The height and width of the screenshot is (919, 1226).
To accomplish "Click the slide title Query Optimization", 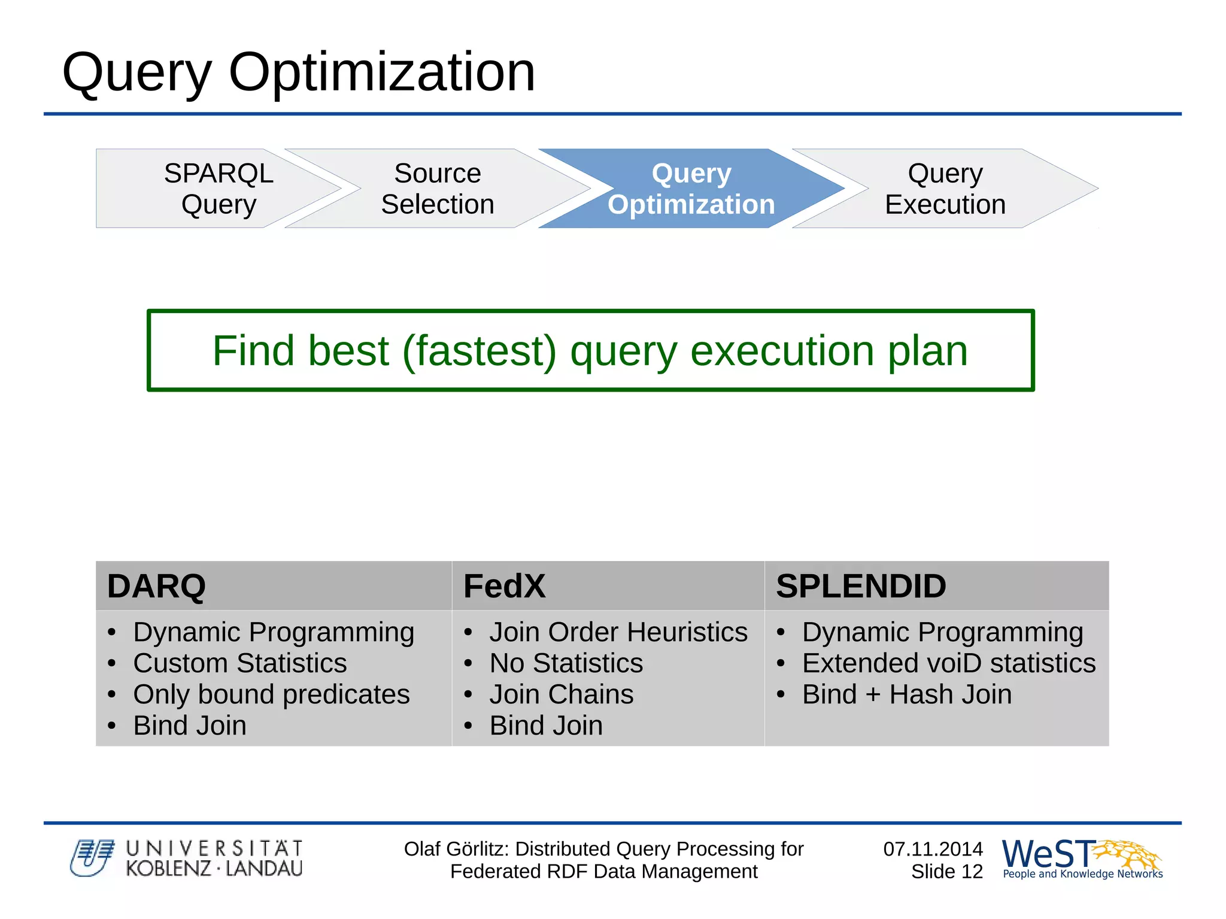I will [x=298, y=72].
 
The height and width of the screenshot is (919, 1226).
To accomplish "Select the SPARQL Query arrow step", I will [x=219, y=189].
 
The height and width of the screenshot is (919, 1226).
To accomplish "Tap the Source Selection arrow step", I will [x=438, y=189].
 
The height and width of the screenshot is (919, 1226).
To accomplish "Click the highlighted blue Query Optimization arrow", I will [x=691, y=189].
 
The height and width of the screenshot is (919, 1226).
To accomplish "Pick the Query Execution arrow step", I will [x=945, y=189].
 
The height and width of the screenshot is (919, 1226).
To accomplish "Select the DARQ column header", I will [x=156, y=586].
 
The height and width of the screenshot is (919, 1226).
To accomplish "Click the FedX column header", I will [x=504, y=586].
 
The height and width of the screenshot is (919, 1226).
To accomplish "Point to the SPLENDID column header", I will [x=860, y=586].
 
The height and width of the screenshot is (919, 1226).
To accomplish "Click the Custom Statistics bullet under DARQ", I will [x=239, y=663].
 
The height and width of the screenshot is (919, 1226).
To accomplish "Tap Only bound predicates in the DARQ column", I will [x=271, y=694].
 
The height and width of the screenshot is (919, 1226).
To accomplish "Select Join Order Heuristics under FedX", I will [x=618, y=632].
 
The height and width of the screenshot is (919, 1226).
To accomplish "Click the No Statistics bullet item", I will [x=566, y=663].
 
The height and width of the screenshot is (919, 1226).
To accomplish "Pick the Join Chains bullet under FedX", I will [x=561, y=694].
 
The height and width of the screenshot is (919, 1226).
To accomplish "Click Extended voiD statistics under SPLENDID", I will [x=948, y=663].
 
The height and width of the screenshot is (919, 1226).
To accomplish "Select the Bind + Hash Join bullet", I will [x=906, y=694].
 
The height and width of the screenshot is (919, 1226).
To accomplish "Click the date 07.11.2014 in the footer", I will [x=933, y=849].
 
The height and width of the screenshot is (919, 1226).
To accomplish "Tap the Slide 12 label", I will [x=946, y=872].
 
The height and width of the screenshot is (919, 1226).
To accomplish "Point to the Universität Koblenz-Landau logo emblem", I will [x=92, y=858].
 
